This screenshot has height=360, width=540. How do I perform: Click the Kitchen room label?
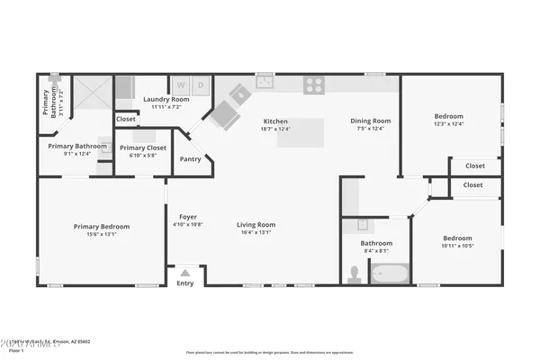[x=275, y=121]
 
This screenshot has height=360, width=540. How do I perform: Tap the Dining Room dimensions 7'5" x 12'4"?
[x=371, y=129]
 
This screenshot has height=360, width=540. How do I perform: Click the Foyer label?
[x=187, y=216]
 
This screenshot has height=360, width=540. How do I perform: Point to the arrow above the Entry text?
[x=185, y=272]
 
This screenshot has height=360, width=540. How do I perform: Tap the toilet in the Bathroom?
[x=354, y=274]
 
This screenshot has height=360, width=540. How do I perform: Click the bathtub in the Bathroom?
[x=390, y=273]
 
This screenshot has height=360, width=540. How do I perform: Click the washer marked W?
[x=179, y=85]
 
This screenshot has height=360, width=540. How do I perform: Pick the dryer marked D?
[x=201, y=85]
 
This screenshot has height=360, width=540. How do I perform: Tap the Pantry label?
[x=191, y=159]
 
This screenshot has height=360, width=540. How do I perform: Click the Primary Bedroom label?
[x=102, y=227]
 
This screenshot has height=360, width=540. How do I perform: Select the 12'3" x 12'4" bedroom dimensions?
[x=449, y=123]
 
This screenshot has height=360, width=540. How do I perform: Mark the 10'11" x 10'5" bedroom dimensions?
[x=459, y=246]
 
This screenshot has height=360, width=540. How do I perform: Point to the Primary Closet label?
[x=143, y=148]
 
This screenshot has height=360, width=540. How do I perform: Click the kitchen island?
[x=305, y=132]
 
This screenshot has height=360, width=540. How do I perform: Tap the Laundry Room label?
[x=166, y=99]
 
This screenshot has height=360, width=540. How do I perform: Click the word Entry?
[x=185, y=283]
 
